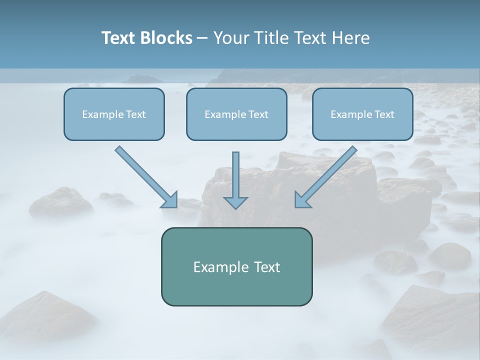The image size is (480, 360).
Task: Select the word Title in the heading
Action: point(270,38)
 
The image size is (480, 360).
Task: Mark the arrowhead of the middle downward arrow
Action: point(235,202)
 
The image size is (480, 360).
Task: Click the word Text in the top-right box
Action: point(384,114)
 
